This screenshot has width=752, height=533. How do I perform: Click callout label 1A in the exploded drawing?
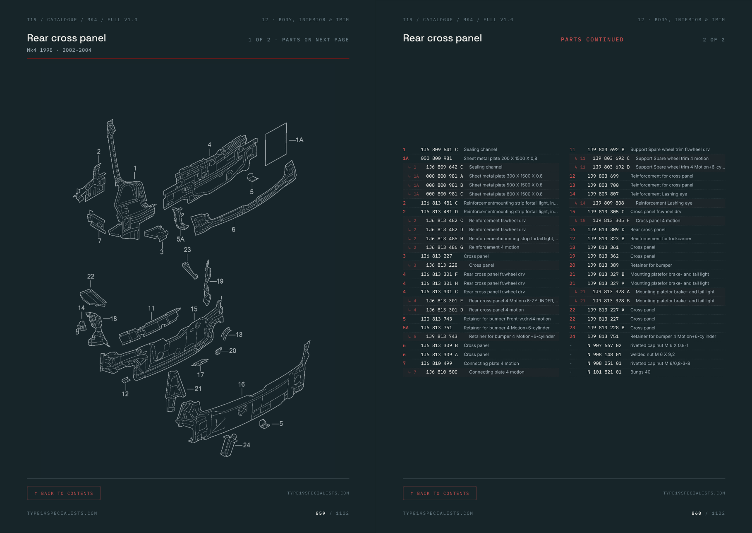tap(299, 140)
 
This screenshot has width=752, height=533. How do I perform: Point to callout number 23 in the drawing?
tap(187, 250)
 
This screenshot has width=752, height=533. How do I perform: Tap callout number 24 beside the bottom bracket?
tap(247, 445)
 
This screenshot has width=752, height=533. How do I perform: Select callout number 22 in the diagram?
tap(91, 276)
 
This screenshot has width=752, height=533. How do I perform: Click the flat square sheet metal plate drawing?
tap(276, 144)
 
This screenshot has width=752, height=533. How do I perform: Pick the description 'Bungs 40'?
tap(640, 372)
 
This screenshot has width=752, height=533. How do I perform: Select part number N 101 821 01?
tap(604, 372)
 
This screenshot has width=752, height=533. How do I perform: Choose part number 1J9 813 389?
tap(603, 265)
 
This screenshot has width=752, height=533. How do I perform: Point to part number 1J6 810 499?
tap(436, 363)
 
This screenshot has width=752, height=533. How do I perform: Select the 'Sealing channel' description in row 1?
tap(480, 150)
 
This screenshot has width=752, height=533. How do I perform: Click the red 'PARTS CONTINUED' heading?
tap(592, 40)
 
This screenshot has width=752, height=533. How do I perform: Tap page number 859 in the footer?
tap(321, 513)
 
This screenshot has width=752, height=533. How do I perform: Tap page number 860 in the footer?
tap(697, 513)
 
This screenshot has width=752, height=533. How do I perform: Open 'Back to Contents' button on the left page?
tap(64, 493)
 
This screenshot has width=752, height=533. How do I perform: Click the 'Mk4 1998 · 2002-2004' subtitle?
tap(59, 50)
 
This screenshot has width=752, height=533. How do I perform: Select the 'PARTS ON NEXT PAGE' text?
tap(316, 40)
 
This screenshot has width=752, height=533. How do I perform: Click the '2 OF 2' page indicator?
tap(714, 40)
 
